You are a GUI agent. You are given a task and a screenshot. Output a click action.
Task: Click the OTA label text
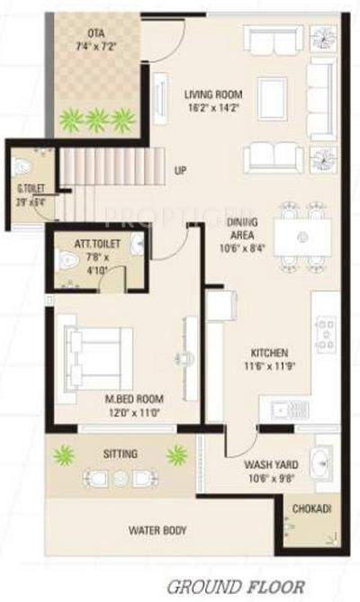[96, 31]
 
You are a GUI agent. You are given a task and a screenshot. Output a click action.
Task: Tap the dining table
[301, 237]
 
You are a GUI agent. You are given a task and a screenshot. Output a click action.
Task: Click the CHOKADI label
[311, 509]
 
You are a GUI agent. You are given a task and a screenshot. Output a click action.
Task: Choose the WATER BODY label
[157, 531]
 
